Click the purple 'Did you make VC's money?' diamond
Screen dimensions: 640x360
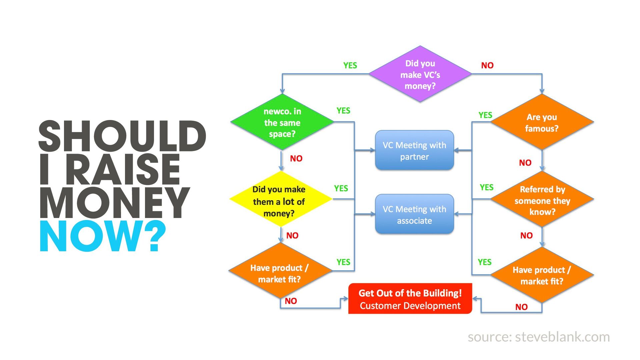tap(420, 74)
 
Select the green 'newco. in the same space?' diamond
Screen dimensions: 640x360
tap(282, 122)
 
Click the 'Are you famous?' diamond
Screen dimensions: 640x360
tap(542, 122)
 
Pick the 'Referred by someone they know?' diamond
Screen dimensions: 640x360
tap(542, 200)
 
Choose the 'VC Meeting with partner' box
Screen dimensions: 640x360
tap(414, 150)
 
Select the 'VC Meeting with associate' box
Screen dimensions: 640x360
tap(414, 214)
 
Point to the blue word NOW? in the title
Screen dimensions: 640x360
tap(103, 236)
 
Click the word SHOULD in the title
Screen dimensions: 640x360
tap(122, 136)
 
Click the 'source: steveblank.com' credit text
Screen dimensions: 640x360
tap(539, 337)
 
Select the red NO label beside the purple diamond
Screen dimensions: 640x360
tap(487, 65)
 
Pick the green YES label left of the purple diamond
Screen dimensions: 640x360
tap(350, 65)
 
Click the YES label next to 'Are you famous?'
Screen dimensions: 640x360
tap(485, 115)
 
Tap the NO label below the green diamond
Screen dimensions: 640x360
tap(296, 158)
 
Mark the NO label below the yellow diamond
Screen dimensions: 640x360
tap(292, 235)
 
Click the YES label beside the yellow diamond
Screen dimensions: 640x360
tap(341, 188)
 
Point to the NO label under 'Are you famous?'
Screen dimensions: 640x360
tap(525, 163)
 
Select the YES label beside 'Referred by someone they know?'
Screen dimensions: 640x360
tap(486, 187)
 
